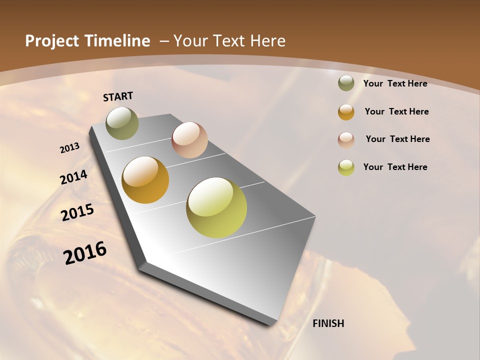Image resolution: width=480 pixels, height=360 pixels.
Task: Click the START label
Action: click(118, 96)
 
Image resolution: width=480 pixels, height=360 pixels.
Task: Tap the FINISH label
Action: click(328, 323)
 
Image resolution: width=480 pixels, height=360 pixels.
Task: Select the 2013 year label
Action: click(70, 147)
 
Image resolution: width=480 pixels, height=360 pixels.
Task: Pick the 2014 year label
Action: click(74, 177)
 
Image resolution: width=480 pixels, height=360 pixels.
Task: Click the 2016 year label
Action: click(85, 252)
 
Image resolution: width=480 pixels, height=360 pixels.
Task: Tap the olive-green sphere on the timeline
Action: click(122, 123)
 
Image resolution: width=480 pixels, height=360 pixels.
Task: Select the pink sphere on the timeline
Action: click(189, 140)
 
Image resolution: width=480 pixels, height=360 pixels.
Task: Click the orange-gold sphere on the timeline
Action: click(145, 180)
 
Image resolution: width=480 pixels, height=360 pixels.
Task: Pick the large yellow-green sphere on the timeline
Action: click(216, 207)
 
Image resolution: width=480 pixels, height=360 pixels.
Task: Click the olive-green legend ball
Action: click(346, 83)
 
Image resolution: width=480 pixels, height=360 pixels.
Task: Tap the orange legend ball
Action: click(346, 112)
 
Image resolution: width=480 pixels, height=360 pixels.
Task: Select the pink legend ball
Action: click(346, 139)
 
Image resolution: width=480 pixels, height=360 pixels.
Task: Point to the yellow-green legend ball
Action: click(346, 167)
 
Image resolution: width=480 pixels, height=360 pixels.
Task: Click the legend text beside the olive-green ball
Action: click(395, 83)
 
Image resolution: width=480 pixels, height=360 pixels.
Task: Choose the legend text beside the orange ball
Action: click(396, 111)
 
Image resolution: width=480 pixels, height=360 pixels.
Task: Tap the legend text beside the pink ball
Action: click(397, 139)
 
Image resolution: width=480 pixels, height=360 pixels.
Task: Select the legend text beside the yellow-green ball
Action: click(395, 167)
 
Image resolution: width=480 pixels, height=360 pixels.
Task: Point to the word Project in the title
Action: click(51, 41)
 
